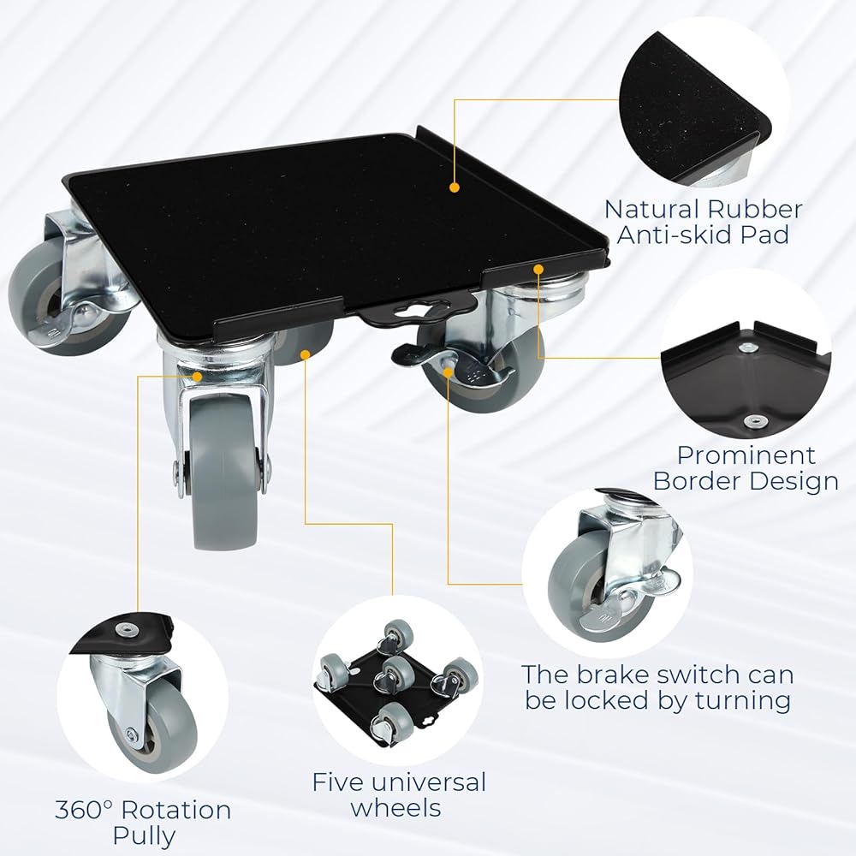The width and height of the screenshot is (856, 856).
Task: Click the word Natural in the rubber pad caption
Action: tap(651, 209)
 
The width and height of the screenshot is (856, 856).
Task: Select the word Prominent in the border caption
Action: tap(746, 455)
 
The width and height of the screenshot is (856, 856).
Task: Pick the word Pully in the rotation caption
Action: tap(144, 835)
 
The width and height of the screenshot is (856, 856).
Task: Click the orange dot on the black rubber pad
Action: tap(455, 187)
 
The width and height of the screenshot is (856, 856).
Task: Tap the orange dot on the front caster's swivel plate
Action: tap(197, 376)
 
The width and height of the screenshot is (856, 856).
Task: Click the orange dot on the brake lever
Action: tap(448, 372)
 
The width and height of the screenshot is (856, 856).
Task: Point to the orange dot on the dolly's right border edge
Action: tap(538, 269)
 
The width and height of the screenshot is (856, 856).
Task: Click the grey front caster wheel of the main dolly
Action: tap(223, 471)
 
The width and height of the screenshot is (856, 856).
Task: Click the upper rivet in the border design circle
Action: tap(746, 348)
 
